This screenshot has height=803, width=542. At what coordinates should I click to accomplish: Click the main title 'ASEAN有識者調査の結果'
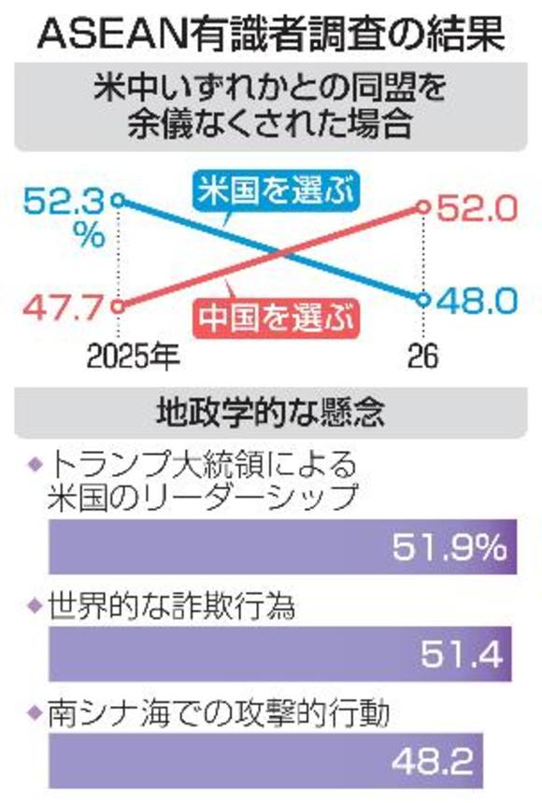click(271, 35)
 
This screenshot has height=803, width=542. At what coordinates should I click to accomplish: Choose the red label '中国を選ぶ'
click(278, 317)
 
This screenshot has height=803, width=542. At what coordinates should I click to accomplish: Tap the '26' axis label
click(422, 356)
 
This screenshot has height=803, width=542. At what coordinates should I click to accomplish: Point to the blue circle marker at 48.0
click(422, 301)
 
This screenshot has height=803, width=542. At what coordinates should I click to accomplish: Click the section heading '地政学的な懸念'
click(271, 411)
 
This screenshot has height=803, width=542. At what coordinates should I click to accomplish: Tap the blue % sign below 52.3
click(91, 234)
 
